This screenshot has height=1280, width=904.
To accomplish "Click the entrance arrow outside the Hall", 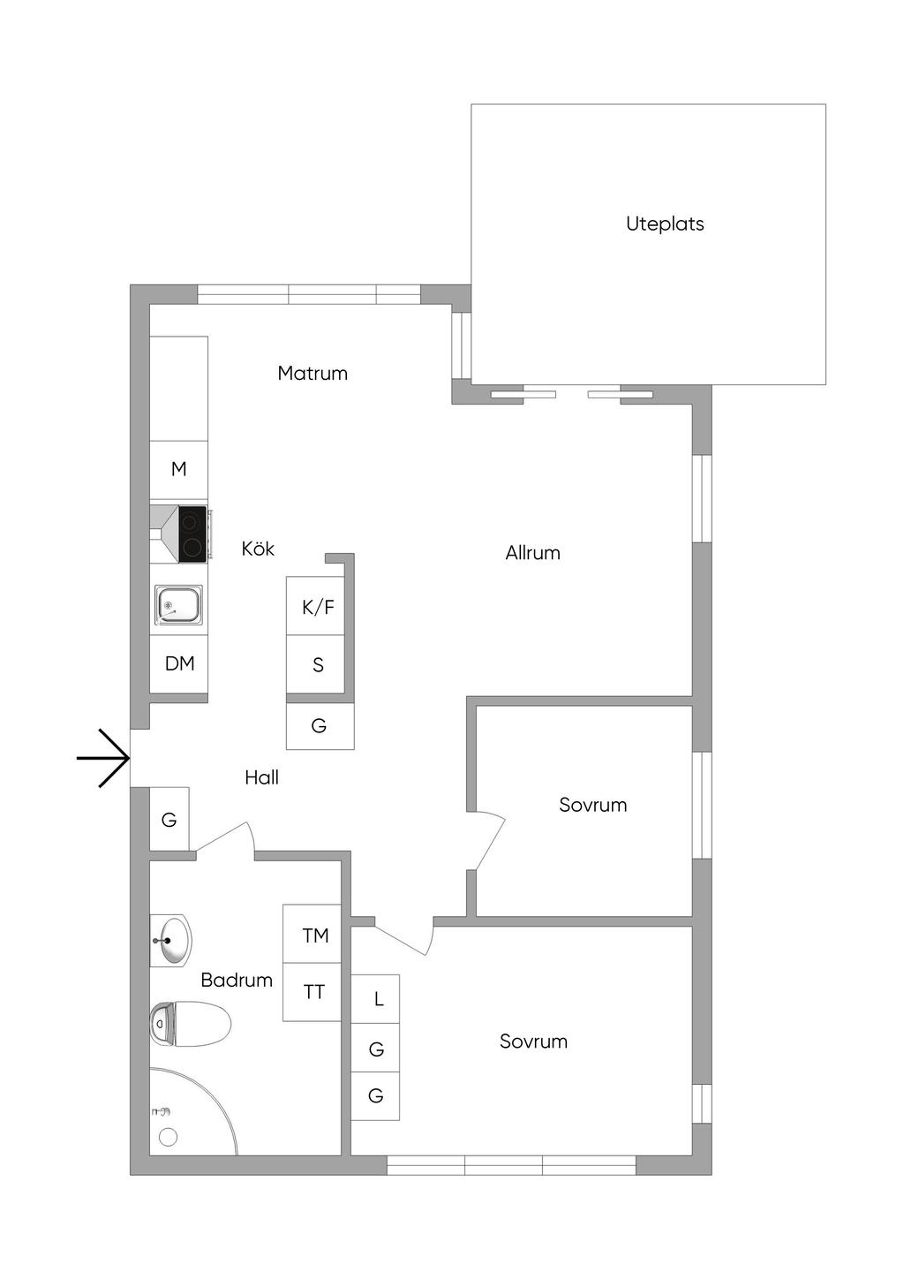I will (104, 758).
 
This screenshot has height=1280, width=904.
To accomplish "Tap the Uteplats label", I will (665, 224).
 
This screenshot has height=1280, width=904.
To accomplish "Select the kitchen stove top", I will (192, 534).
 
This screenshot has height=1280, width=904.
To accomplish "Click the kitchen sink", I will (178, 605).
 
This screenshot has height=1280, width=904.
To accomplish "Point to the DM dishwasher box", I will (179, 663).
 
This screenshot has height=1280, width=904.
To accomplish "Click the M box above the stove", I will (179, 469).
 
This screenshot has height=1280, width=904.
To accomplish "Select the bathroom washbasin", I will (172, 940).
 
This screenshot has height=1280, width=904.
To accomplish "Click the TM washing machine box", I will (313, 935).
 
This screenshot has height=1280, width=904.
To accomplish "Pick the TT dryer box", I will (313, 992).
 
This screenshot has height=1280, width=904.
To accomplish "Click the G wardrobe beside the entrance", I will (169, 820).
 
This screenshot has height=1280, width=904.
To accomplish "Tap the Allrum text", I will (532, 553).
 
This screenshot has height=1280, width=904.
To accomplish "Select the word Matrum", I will (313, 373).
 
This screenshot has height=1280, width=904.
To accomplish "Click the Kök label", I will (258, 549).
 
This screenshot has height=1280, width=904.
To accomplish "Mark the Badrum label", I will (236, 980).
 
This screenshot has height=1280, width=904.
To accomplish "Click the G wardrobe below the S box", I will (320, 726).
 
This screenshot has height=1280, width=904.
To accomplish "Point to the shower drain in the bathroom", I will (168, 1137).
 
